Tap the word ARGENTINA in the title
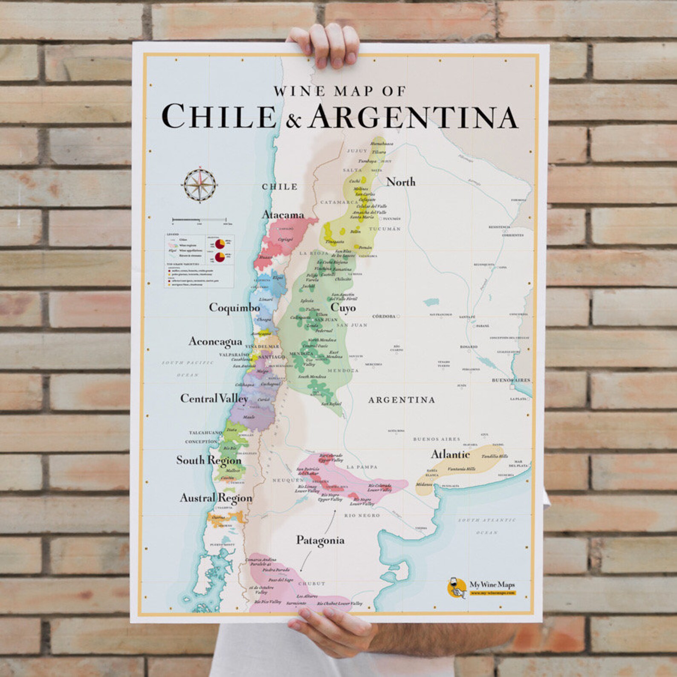413,116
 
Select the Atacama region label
283,214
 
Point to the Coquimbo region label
234,307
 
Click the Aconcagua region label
215,341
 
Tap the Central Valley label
214,398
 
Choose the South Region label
208,460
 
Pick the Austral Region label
216,498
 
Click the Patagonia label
320,540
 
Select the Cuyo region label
343,307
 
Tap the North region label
401,182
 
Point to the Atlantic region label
450,454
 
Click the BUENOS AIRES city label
511,380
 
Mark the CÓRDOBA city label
384,316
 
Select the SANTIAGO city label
271,356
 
